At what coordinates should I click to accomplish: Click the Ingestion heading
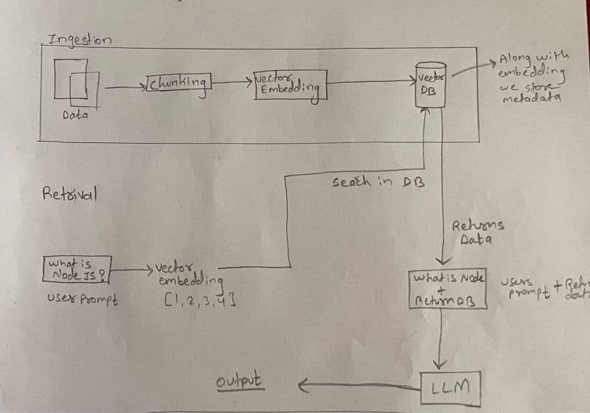tap(80, 39)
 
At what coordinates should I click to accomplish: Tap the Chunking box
tap(179, 83)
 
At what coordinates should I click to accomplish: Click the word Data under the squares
tap(74, 116)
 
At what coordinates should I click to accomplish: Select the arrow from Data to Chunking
tap(125, 88)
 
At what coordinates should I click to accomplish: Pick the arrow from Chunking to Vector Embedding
tap(232, 81)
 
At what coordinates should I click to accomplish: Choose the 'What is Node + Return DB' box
tap(448, 290)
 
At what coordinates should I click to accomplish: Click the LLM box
tap(448, 386)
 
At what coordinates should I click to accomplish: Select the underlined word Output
tap(241, 381)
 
